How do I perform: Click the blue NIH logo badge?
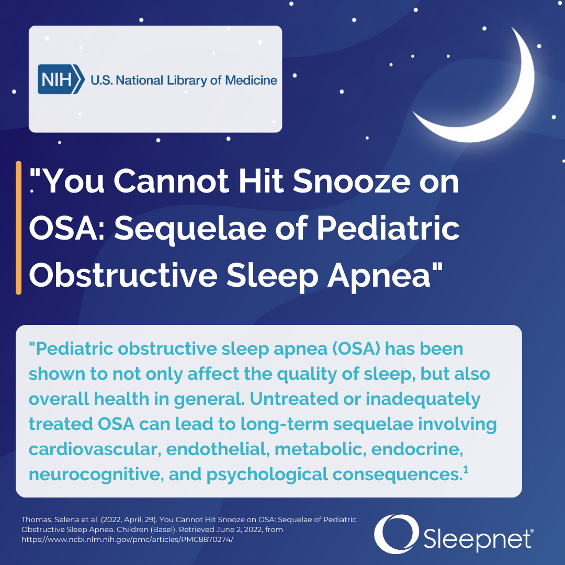61,80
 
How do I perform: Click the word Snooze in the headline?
352,181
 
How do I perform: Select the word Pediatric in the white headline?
388,229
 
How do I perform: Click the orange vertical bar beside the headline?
19,228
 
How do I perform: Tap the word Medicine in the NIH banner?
251,80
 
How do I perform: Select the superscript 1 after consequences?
466,469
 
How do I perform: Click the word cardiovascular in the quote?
94,449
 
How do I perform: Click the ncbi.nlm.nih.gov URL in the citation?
127,539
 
